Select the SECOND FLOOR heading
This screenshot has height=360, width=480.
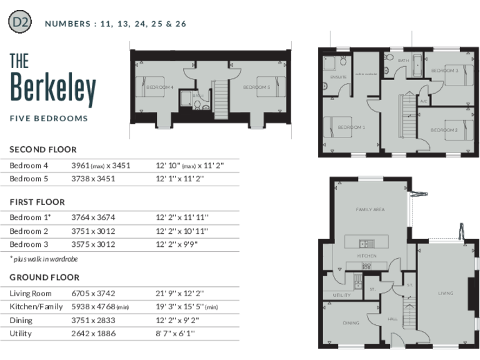click(x=43, y=149)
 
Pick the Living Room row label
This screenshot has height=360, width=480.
click(x=31, y=293)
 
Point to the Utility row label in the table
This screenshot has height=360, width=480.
click(x=21, y=333)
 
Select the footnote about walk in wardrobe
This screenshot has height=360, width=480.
click(x=44, y=258)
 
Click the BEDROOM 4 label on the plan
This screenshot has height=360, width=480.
click(x=160, y=87)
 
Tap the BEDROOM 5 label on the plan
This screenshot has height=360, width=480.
click(x=256, y=87)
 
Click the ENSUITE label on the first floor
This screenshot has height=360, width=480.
click(x=330, y=77)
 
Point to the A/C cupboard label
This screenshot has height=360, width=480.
click(x=423, y=101)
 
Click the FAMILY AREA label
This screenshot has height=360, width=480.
click(x=370, y=209)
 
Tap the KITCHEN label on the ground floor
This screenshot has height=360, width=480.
click(x=366, y=256)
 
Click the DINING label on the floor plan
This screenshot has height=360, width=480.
click(x=351, y=323)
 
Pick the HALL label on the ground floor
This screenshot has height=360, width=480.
click(x=392, y=319)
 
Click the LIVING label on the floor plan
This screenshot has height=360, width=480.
click(x=445, y=292)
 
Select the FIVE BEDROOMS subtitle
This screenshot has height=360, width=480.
click(x=49, y=118)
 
